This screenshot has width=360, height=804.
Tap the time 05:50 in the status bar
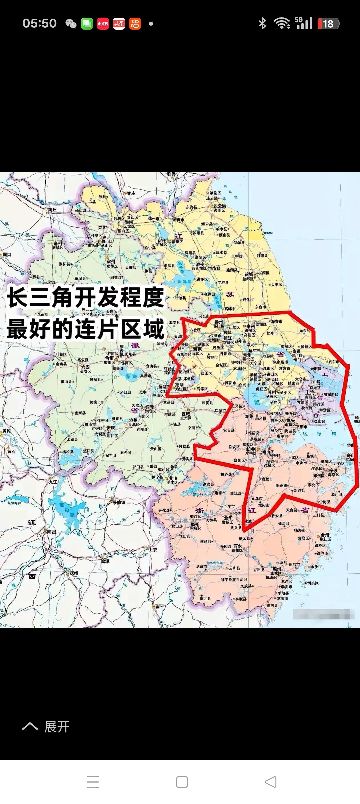(39, 23)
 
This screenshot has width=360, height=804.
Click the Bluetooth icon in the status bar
(262, 23)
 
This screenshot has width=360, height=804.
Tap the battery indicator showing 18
(328, 24)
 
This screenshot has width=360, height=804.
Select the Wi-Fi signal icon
(282, 23)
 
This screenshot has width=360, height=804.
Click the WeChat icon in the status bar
(71, 24)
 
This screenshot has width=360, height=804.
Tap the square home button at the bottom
(182, 782)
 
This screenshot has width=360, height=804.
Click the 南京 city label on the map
(197, 349)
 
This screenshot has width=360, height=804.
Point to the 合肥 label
(110, 358)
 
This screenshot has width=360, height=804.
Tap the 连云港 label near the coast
(220, 206)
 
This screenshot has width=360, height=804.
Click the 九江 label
(53, 482)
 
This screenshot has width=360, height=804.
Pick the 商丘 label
(52, 210)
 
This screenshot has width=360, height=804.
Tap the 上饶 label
(153, 549)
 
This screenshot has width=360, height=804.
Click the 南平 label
(160, 606)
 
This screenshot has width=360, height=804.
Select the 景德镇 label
(119, 502)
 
